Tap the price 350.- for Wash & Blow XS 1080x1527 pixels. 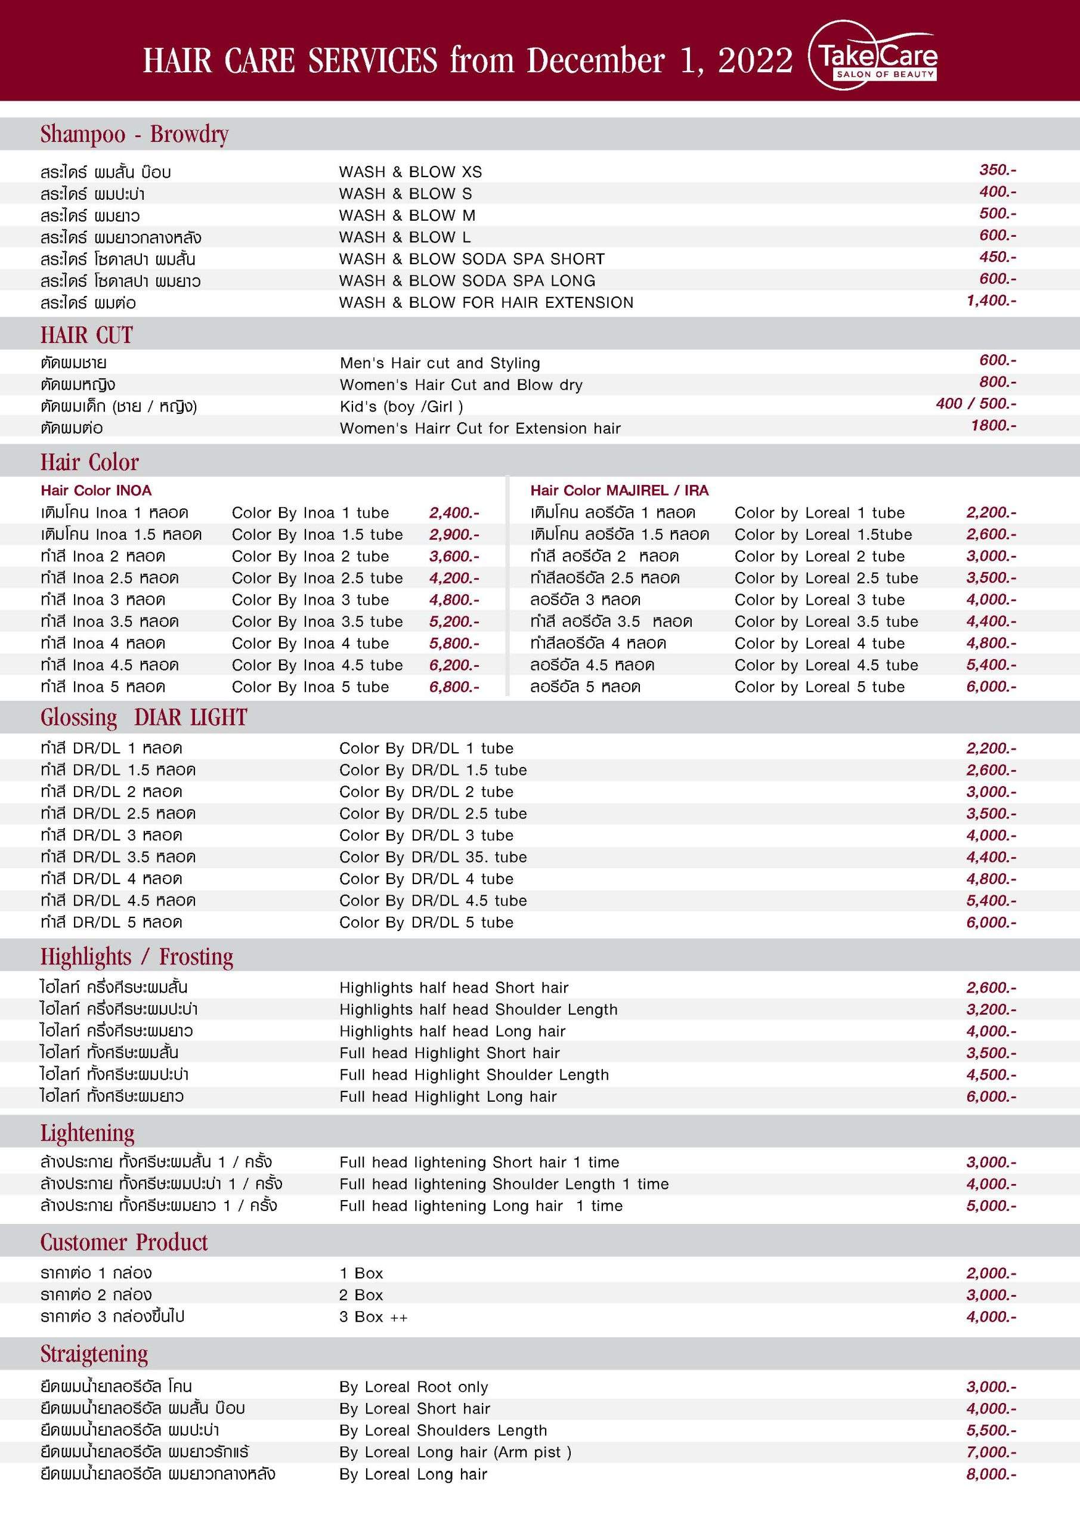click(997, 170)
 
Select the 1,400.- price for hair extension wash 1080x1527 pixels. click(991, 301)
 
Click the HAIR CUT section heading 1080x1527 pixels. click(86, 335)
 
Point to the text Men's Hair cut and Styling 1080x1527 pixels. click(440, 363)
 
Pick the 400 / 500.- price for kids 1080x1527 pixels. click(976, 404)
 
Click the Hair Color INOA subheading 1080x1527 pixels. click(96, 491)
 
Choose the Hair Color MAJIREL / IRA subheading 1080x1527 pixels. click(619, 491)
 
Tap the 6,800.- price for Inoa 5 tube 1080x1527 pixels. click(454, 687)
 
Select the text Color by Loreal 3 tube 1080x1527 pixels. click(819, 600)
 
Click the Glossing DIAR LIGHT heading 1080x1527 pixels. click(144, 718)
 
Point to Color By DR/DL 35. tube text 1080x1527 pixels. click(433, 857)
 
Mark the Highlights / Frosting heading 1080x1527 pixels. click(137, 957)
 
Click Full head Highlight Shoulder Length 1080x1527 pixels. click(474, 1075)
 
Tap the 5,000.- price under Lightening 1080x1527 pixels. click(991, 1205)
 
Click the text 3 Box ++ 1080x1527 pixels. click(373, 1317)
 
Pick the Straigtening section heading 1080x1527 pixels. click(94, 1354)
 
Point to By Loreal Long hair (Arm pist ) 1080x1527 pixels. click(455, 1452)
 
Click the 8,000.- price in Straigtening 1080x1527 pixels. click(991, 1475)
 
